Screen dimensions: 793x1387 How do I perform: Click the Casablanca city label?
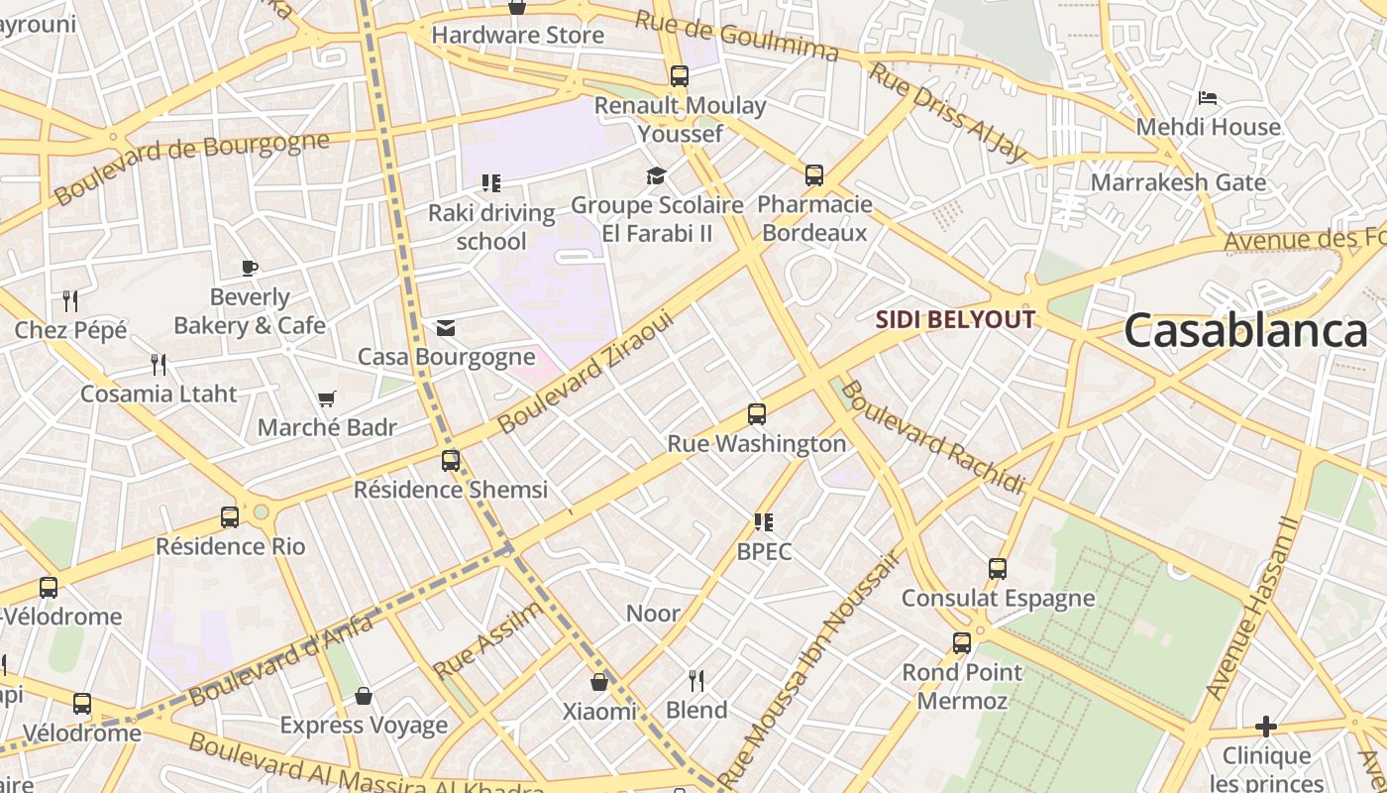click(1244, 331)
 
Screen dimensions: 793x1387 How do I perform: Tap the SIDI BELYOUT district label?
click(956, 319)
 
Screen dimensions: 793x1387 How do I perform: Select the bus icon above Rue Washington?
click(757, 414)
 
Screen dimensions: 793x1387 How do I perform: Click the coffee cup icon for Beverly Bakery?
click(250, 268)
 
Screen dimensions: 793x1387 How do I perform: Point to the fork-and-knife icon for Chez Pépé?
click(70, 300)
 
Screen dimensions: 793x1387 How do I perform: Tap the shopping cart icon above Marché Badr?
click(327, 398)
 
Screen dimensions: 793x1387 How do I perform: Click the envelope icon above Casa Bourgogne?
click(446, 328)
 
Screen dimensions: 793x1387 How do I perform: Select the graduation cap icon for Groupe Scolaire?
click(656, 176)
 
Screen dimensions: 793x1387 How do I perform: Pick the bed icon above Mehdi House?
click(1208, 98)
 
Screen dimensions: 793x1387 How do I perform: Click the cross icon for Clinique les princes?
click(1265, 727)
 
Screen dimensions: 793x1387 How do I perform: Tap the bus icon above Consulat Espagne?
click(998, 569)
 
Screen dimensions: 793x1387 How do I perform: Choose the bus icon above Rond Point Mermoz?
click(961, 643)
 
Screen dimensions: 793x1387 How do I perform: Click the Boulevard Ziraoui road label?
click(586, 373)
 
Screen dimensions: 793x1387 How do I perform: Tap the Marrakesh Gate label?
click(1178, 182)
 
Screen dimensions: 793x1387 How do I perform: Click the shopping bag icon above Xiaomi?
click(599, 682)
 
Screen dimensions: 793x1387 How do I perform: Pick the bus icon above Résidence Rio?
click(230, 516)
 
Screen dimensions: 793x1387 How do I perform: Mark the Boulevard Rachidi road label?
click(933, 436)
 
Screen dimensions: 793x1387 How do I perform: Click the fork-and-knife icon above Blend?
click(696, 680)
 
